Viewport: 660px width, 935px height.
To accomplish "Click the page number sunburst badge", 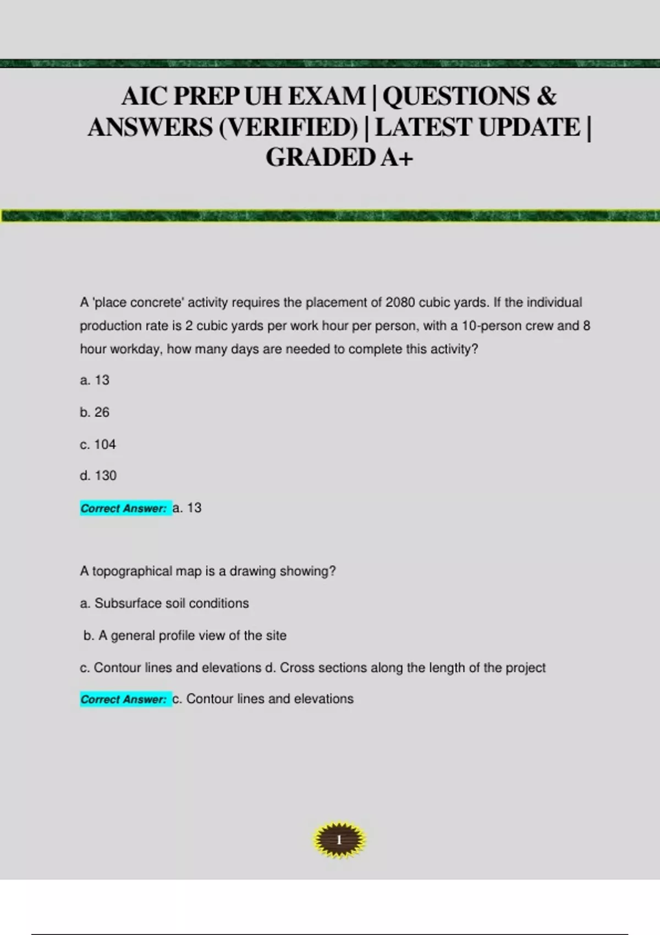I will pyautogui.click(x=339, y=840).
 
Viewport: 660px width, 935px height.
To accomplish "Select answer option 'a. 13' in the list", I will pyautogui.click(x=95, y=380).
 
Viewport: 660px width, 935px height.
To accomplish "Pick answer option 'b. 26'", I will pyautogui.click(x=95, y=412).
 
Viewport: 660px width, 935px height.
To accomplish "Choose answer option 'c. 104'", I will pyautogui.click(x=98, y=444).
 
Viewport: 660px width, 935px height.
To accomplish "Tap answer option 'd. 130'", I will pyautogui.click(x=98, y=476).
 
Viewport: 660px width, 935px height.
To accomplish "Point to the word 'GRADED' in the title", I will pyautogui.click(x=320, y=158).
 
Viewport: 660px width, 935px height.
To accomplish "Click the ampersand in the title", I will pyautogui.click(x=546, y=96).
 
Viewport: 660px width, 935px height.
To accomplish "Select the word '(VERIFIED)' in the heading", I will pyautogui.click(x=288, y=128).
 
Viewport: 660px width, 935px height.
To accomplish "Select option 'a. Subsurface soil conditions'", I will pyautogui.click(x=164, y=603).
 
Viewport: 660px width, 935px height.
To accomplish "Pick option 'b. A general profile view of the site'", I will pyautogui.click(x=185, y=636).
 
